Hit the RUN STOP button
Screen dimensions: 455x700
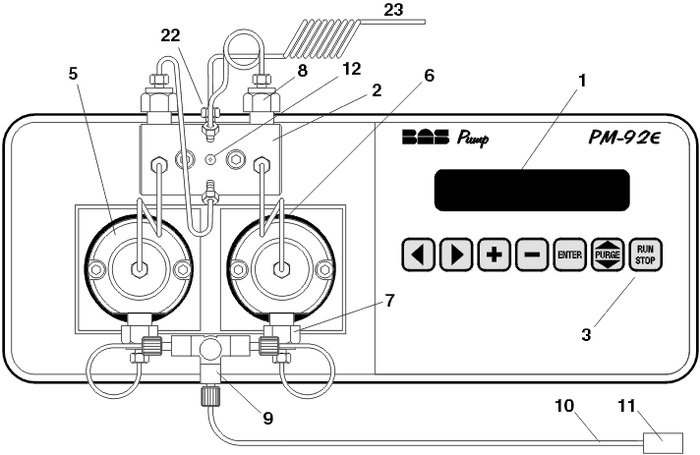click(x=646, y=255)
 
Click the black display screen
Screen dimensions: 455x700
click(x=531, y=189)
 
